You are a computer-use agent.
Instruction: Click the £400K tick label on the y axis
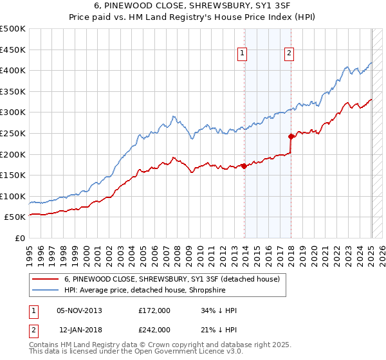[13, 70]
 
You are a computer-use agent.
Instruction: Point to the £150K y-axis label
[13, 175]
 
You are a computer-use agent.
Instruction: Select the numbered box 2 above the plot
[289, 54]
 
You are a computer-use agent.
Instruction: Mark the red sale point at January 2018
[291, 136]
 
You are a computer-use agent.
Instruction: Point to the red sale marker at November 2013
[244, 166]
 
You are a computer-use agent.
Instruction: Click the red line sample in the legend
[46, 279]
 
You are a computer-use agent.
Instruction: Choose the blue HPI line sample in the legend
[46, 290]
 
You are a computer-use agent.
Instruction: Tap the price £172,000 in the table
[154, 310]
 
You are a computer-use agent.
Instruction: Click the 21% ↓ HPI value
[219, 329]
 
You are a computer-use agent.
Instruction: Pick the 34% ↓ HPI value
[219, 310]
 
